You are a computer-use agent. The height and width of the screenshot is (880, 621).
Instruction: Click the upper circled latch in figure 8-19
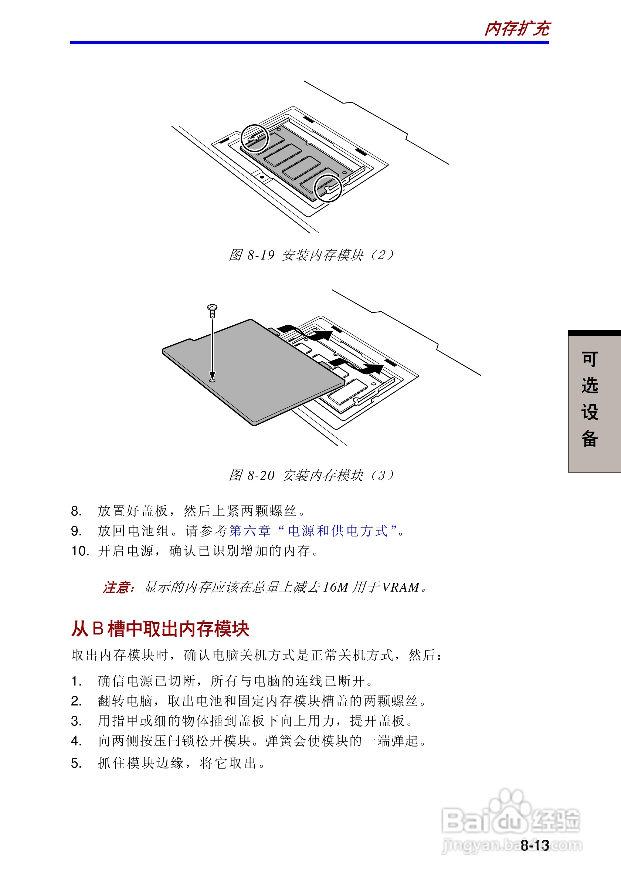tap(254, 138)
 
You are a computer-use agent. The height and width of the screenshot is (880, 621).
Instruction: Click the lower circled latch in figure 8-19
tap(328, 188)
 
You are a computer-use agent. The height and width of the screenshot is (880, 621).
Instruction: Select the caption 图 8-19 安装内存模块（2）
tap(311, 255)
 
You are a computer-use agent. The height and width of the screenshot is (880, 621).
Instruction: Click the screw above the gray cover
tap(212, 311)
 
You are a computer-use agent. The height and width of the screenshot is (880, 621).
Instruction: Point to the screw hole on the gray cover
tap(212, 380)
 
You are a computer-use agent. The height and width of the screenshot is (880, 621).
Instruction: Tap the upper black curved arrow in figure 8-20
tap(306, 333)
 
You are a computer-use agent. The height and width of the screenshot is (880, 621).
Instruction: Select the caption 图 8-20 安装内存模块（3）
tap(311, 475)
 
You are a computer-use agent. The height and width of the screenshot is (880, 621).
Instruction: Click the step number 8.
tap(76, 511)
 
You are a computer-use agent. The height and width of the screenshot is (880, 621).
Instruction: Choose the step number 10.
tap(80, 551)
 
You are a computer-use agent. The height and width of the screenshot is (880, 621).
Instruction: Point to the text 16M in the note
tap(336, 587)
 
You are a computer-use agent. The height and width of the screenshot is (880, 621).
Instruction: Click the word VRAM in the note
tap(401, 587)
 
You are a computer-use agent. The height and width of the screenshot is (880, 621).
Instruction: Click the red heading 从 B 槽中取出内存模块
tap(160, 629)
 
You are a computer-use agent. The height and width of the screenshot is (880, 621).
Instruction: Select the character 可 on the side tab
tap(590, 359)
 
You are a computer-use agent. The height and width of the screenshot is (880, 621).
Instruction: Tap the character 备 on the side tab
tap(590, 439)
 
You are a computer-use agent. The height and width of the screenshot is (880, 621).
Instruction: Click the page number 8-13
tap(535, 845)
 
